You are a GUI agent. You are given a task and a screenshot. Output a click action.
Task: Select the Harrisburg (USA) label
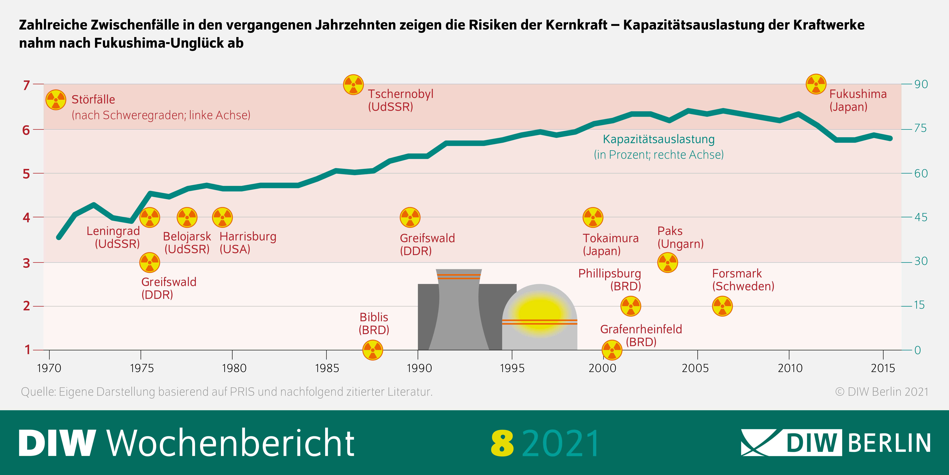(248, 243)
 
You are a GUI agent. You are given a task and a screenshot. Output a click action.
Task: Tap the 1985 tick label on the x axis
(326, 368)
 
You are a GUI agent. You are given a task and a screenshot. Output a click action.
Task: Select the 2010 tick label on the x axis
(789, 368)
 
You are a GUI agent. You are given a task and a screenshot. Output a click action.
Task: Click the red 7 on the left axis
(26, 85)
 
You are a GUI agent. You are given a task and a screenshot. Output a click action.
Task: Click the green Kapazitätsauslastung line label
(658, 139)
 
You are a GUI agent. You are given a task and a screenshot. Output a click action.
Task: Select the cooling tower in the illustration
(459, 310)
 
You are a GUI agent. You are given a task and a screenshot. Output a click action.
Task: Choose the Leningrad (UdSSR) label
(113, 237)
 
